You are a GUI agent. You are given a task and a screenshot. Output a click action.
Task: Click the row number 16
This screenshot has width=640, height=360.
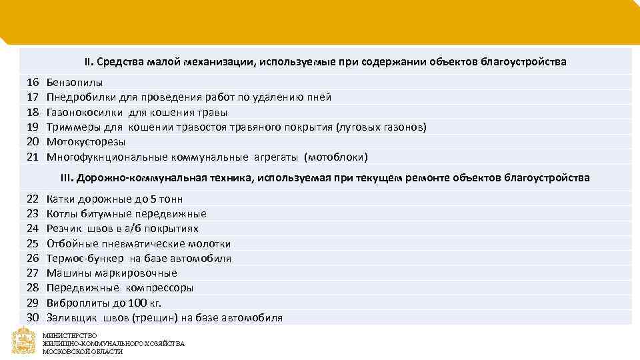tap(33, 83)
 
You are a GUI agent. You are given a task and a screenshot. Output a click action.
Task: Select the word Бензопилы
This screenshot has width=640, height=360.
tap(75, 83)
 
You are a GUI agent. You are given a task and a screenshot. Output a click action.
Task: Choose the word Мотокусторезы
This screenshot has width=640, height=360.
tap(86, 141)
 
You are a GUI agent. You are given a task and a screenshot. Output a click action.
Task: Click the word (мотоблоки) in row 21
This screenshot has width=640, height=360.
tap(335, 157)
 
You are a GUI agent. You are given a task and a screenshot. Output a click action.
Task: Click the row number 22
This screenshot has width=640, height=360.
tap(33, 199)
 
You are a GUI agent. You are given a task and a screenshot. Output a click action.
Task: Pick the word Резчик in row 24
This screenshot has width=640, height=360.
tap(65, 229)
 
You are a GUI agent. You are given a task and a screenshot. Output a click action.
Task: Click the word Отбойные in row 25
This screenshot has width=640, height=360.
tap(71, 243)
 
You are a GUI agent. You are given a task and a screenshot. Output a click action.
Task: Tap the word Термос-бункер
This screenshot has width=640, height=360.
tap(85, 258)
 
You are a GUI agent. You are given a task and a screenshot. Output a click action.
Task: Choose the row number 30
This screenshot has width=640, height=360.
tap(33, 317)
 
